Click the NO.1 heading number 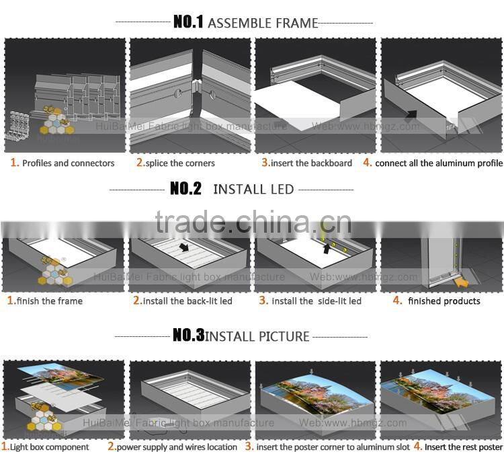(x=187, y=22)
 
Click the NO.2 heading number (x=185, y=189)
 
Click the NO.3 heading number (x=188, y=336)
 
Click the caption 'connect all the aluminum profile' (x=438, y=163)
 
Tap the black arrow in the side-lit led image (x=327, y=248)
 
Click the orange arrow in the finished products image (x=462, y=283)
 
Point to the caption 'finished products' (x=444, y=301)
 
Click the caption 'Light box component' (x=49, y=447)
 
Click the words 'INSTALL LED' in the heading (x=253, y=189)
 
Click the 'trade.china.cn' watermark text (x=252, y=221)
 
